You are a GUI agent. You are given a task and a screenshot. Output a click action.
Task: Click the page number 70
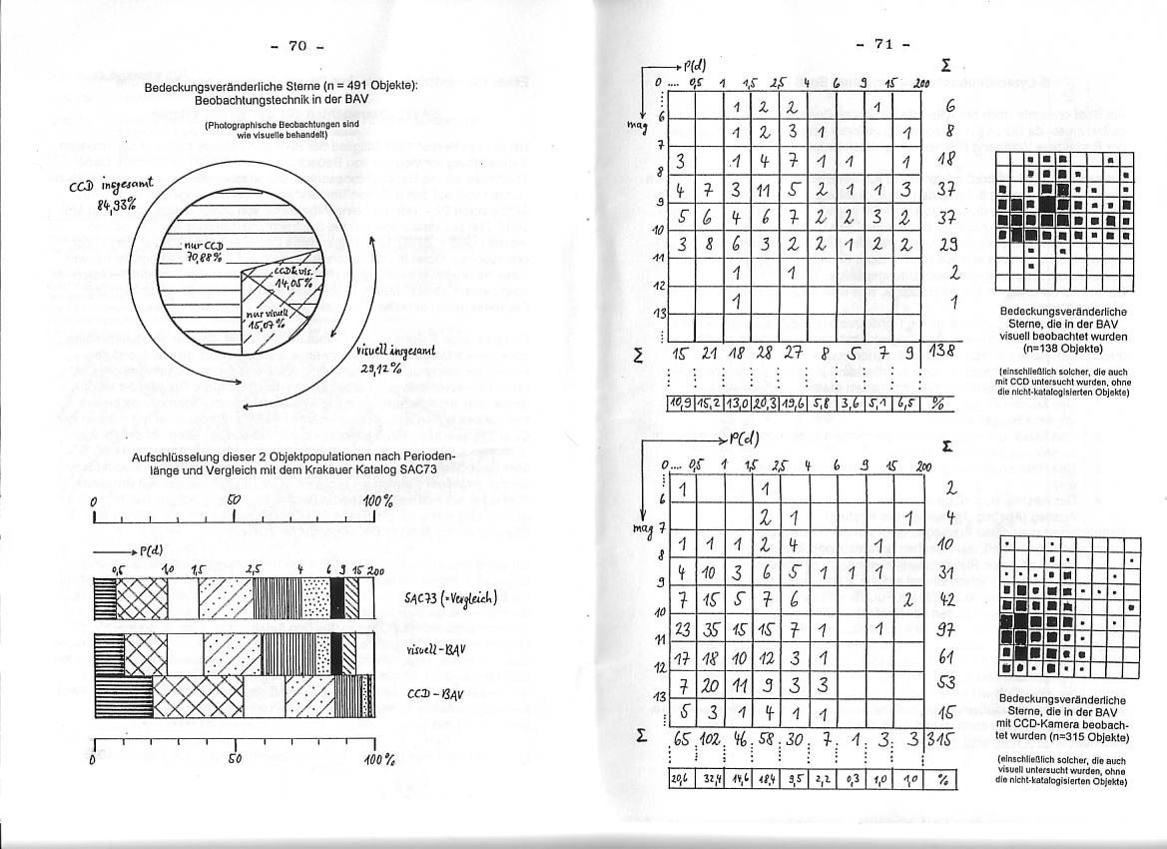(x=297, y=46)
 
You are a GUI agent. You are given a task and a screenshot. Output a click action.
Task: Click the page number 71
(x=884, y=44)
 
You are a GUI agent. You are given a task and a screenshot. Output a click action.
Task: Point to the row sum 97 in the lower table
(x=948, y=631)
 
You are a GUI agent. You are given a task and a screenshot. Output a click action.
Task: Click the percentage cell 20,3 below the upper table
(x=763, y=404)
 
